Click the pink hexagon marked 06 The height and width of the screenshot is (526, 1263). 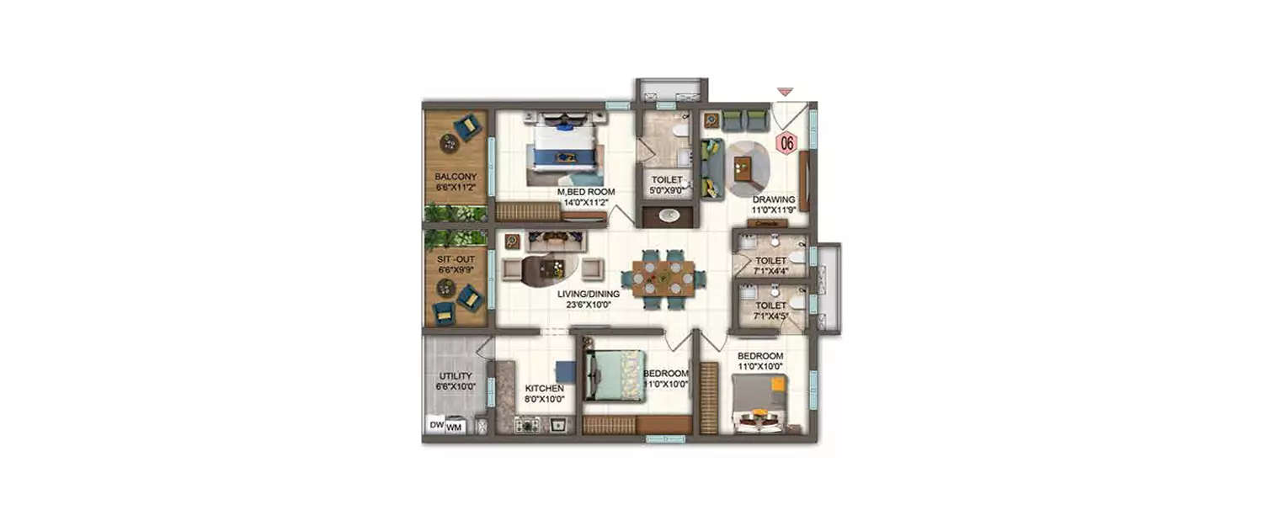coord(786,143)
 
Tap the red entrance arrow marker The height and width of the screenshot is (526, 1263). coord(785,91)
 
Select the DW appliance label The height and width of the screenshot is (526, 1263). coord(436,426)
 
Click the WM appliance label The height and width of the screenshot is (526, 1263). coord(454,428)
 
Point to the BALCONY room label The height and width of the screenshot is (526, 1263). coord(456,177)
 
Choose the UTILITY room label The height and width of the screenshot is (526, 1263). coord(456,376)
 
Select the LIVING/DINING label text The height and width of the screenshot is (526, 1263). coord(589,294)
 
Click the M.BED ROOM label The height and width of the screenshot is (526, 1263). coord(586,192)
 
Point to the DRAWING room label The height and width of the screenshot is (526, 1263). coord(773,199)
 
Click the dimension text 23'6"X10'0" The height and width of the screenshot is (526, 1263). coord(589,305)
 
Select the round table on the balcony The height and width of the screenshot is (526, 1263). coord(449,145)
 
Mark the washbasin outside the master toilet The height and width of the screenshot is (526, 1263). coord(669,215)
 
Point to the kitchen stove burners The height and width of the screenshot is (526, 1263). coord(528,426)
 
